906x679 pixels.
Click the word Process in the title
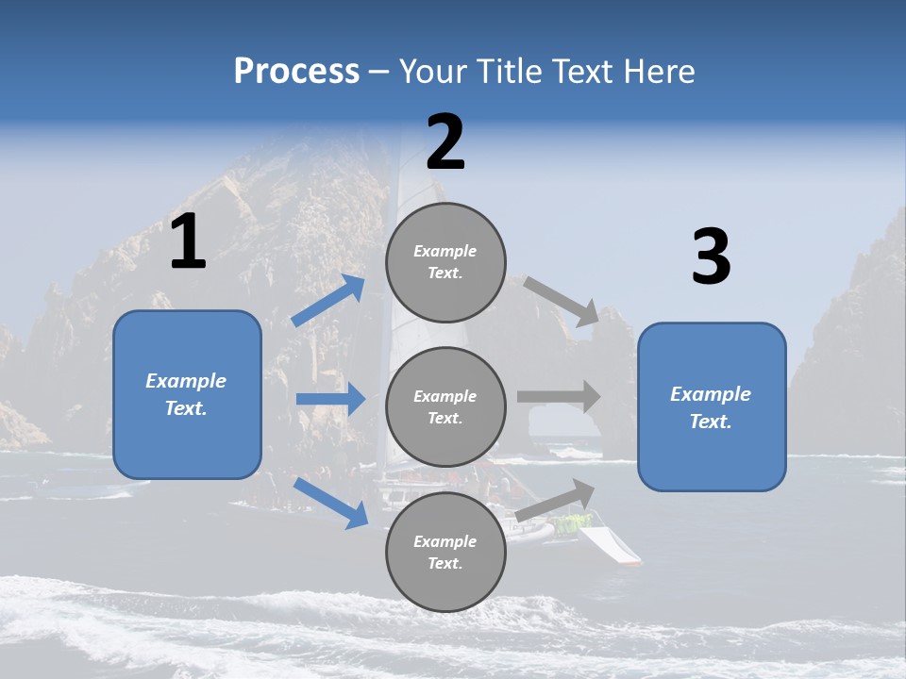click(296, 72)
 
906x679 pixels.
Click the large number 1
click(188, 243)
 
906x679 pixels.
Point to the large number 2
click(445, 143)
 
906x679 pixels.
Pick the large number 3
click(711, 257)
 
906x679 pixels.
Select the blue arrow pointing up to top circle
click(328, 301)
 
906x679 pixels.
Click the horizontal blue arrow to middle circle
click(330, 399)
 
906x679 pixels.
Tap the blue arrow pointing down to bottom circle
click(331, 502)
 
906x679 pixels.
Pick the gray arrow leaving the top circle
click(562, 302)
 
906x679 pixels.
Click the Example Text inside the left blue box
click(186, 394)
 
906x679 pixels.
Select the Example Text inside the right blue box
click(711, 407)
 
